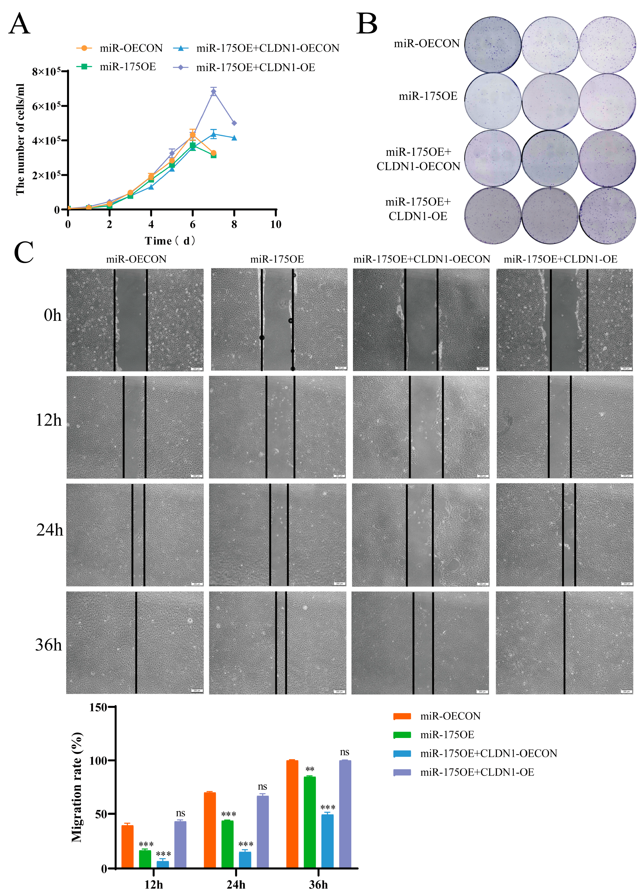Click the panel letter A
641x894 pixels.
19,25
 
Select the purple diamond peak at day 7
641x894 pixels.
213,92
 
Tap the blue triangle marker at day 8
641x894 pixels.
234,138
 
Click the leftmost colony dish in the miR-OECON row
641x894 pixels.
493,45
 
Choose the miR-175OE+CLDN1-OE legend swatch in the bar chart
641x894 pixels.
402,772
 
